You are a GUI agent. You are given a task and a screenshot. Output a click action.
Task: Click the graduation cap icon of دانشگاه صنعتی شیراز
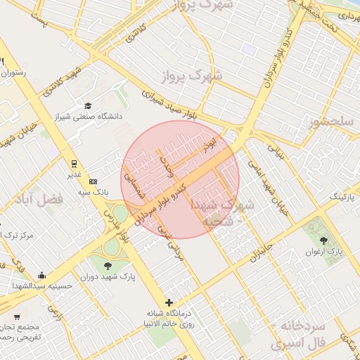pyautogui.click(x=88, y=105)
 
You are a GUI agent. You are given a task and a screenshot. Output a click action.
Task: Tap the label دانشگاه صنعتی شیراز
pyautogui.click(x=89, y=117)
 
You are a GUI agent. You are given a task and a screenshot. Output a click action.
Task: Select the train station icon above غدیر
pyautogui.click(x=74, y=162)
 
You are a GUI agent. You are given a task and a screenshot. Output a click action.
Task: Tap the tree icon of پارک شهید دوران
pyautogui.click(x=108, y=265)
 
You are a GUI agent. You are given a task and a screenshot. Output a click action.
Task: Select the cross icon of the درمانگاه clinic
pyautogui.click(x=168, y=302)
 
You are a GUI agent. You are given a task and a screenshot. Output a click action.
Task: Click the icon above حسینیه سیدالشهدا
pyautogui.click(x=42, y=275)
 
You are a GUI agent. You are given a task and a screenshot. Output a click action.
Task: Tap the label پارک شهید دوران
pyautogui.click(x=108, y=277)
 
